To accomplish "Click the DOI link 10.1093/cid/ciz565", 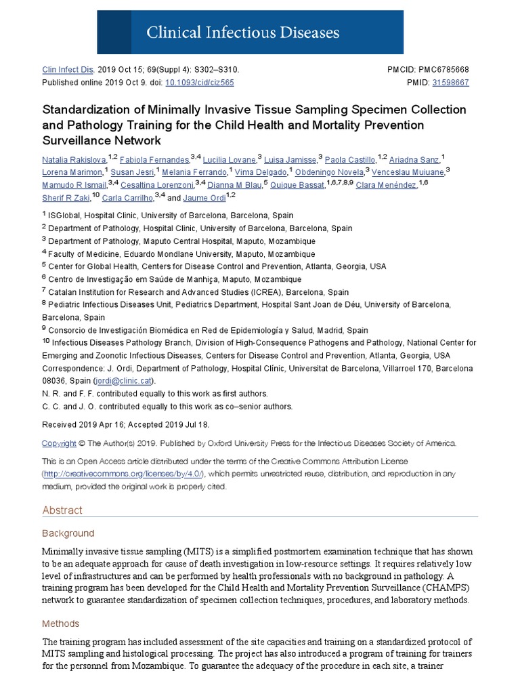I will coord(200,83).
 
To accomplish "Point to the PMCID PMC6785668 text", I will coord(443,70).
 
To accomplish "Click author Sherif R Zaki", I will coord(66,198).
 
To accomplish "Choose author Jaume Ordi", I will coord(203,198).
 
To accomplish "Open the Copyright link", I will coord(59,444).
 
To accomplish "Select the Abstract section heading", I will coord(62,510).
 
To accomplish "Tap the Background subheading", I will coord(68,533).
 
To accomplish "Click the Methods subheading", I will coord(60,624).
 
